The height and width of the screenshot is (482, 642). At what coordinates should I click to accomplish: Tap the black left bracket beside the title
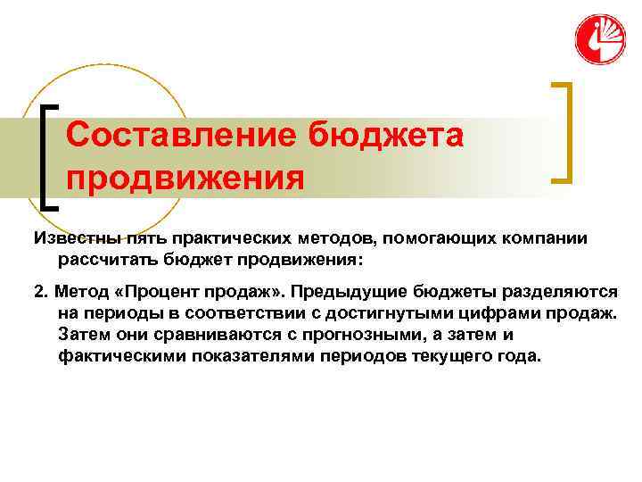[48, 157]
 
